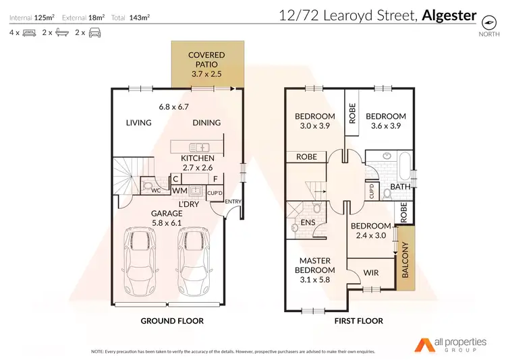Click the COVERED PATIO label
[x=206, y=59]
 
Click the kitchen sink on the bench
[x=201, y=146]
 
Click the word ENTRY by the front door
[x=233, y=202]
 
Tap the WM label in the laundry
[x=179, y=191]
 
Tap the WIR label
[x=370, y=273]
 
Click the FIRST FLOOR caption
[x=358, y=321]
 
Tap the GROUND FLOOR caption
[x=171, y=321]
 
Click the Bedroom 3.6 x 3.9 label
[x=386, y=121]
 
